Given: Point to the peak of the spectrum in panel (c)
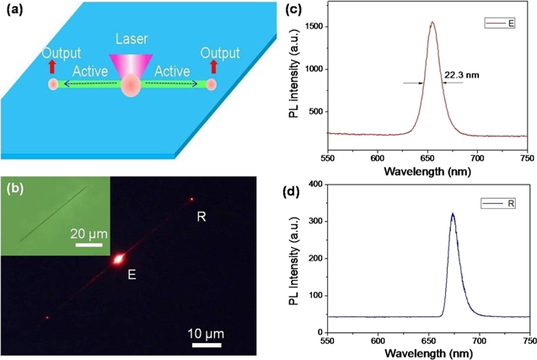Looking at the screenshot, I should coord(432,23).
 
